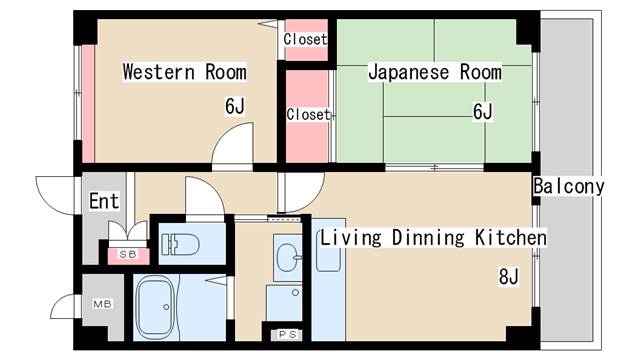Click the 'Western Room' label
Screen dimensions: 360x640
pyautogui.click(x=185, y=72)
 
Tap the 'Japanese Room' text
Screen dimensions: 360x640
pyautogui.click(x=435, y=72)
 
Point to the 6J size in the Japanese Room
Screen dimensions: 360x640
pyautogui.click(x=483, y=111)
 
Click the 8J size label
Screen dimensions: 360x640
pyautogui.click(x=508, y=276)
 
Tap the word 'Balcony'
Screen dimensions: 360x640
pyautogui.click(x=569, y=186)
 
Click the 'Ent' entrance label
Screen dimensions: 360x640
pyautogui.click(x=104, y=201)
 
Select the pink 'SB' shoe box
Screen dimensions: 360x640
pyautogui.click(x=127, y=254)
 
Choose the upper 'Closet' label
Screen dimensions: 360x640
pyautogui.click(x=305, y=39)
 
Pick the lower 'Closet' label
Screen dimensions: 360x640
pyautogui.click(x=308, y=114)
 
